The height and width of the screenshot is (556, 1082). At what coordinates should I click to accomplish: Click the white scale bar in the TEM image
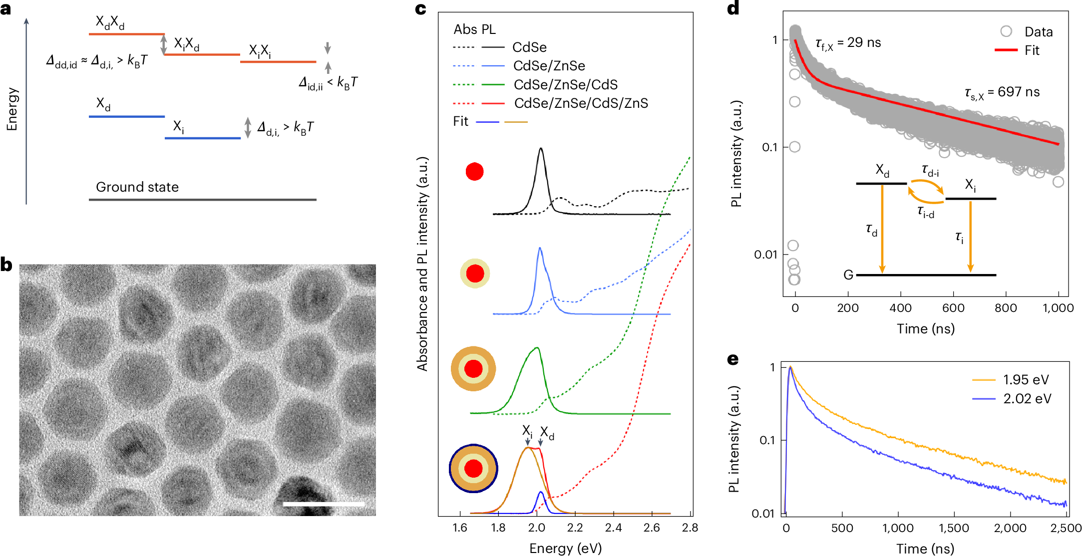coord(324,505)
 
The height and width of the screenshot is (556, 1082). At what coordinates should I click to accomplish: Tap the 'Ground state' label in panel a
coord(137,187)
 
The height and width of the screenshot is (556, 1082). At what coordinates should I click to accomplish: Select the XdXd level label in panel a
coord(110,22)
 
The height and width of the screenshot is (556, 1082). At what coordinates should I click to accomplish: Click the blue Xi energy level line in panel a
coord(203,138)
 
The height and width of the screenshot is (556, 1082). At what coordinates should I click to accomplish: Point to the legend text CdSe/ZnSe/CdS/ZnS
coord(581,103)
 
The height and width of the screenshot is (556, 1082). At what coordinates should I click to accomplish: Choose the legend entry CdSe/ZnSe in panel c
coord(549,66)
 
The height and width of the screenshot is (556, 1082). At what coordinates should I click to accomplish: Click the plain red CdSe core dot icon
coord(474,172)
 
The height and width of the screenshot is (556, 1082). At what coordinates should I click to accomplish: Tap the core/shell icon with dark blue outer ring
coord(473,468)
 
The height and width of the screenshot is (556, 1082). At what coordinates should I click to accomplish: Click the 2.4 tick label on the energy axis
coord(613,528)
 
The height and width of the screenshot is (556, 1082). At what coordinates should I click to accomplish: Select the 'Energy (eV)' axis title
coord(565,548)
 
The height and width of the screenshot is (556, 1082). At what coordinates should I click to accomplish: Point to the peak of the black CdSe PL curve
coord(541,149)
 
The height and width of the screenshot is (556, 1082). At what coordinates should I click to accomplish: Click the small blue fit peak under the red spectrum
coord(541,493)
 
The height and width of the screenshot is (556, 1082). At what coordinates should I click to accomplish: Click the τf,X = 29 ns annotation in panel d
coord(848,43)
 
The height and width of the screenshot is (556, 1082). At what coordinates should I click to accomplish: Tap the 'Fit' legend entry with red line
coord(1032,50)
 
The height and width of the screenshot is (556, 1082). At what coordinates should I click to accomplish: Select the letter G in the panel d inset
coord(848,275)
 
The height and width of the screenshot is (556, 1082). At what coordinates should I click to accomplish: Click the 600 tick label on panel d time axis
coord(953,308)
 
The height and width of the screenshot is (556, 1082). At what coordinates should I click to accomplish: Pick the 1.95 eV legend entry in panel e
coord(1026,380)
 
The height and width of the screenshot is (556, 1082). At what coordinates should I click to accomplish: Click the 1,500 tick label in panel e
coord(954,528)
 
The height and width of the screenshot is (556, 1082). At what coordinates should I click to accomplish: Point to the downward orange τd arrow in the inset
coord(882,230)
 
